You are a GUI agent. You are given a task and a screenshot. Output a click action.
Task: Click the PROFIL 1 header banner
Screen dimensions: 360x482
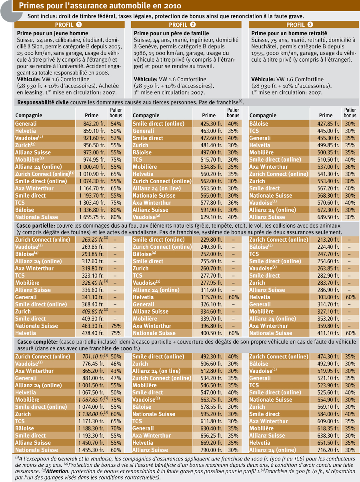pyautogui.click(x=70, y=24)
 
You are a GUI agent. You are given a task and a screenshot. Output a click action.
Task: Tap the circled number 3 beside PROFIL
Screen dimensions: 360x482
pyautogui.click(x=310, y=24)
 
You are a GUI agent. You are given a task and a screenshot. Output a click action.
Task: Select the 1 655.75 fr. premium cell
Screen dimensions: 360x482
pyautogui.click(x=92, y=217)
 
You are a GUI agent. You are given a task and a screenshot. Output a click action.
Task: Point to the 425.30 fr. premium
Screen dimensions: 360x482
pyautogui.click(x=211, y=124)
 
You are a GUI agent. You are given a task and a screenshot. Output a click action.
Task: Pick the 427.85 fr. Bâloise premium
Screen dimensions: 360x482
pyautogui.click(x=328, y=124)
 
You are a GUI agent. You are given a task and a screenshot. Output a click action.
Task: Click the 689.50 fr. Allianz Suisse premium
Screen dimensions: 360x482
pyautogui.click(x=328, y=217)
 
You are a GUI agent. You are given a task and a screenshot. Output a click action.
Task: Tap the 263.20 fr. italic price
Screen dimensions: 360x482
pyautogui.click(x=93, y=240)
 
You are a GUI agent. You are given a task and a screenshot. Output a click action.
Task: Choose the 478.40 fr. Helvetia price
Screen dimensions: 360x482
pyautogui.click(x=93, y=333)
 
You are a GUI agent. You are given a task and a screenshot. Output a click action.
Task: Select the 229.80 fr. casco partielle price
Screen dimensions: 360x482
pyautogui.click(x=211, y=240)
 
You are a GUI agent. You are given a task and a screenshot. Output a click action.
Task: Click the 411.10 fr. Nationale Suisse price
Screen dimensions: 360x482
pyautogui.click(x=328, y=333)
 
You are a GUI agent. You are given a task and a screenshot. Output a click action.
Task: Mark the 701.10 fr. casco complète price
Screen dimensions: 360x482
pyautogui.click(x=93, y=356)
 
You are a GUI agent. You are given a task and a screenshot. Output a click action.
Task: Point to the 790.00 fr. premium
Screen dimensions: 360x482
pyautogui.click(x=211, y=450)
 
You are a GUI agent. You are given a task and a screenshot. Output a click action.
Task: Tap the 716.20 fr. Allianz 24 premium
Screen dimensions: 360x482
pyautogui.click(x=328, y=450)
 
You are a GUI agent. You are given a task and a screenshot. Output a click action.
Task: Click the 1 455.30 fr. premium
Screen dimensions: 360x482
pyautogui.click(x=91, y=450)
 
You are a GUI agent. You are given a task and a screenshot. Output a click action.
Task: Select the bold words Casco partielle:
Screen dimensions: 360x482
pyautogui.click(x=36, y=226)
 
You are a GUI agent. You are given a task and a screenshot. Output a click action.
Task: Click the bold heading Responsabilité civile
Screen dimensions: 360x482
pyautogui.click(x=43, y=102)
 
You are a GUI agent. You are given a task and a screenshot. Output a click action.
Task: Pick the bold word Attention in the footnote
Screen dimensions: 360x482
pyautogui.click(x=57, y=471)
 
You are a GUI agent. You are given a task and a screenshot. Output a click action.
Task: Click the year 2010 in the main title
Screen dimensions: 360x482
pyautogui.click(x=173, y=6)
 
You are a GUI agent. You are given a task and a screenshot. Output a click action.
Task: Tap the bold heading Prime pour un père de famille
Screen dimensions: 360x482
pyautogui.click(x=171, y=33)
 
